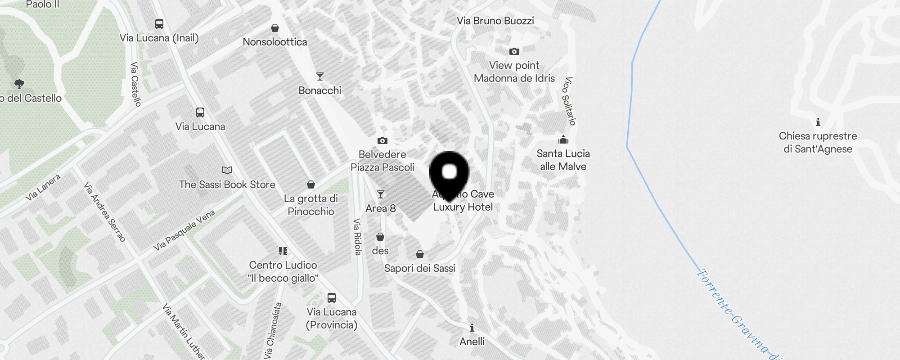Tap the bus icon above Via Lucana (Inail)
(x=159, y=24)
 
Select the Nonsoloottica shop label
(x=274, y=42)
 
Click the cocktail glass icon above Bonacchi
(x=320, y=76)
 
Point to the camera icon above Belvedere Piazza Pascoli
(x=382, y=140)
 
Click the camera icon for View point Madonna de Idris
(x=514, y=52)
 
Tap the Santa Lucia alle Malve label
(x=563, y=160)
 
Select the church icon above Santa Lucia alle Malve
(x=563, y=139)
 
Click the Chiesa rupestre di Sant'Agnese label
(x=818, y=142)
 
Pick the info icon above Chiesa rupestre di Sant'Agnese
(x=818, y=122)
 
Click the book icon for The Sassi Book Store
(x=227, y=170)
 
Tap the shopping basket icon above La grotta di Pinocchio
(x=310, y=184)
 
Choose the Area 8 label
(x=381, y=208)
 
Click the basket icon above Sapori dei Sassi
(x=420, y=255)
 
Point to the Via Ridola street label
(x=357, y=237)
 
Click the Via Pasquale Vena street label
(x=184, y=230)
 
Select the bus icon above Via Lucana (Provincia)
(x=332, y=297)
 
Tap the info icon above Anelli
(x=472, y=327)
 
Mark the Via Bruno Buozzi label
(x=495, y=21)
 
